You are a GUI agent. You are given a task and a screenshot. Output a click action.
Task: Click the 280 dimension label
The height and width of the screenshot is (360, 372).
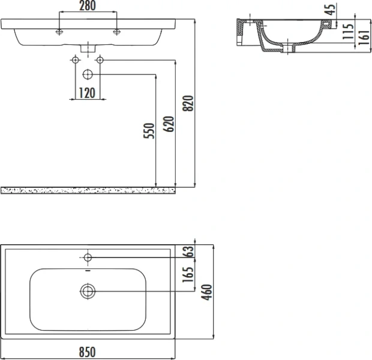(88, 6)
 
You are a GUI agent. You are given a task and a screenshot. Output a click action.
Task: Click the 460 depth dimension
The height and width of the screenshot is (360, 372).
(206, 293)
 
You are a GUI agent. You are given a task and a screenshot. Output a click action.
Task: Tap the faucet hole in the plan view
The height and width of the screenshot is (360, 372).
(88, 258)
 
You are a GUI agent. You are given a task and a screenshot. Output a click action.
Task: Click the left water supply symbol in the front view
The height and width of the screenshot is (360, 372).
(76, 60)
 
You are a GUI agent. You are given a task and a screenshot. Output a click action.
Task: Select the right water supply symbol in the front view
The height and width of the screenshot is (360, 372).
(100, 60)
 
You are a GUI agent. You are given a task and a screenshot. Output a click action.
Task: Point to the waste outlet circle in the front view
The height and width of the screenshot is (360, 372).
(88, 74)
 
